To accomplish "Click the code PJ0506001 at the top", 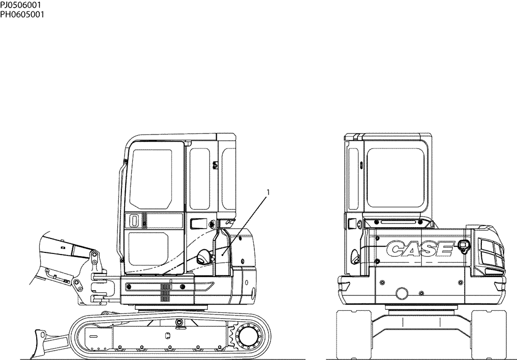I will (x=21, y=5).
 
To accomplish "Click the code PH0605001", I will (x=22, y=14).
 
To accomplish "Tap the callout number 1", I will (x=268, y=192).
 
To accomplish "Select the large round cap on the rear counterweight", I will (x=401, y=293).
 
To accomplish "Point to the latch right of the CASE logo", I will (x=462, y=247).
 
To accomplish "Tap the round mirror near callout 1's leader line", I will (x=204, y=256).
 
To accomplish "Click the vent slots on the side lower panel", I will (x=165, y=292).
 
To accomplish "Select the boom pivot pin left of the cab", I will (x=95, y=257).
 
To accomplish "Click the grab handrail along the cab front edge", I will (x=123, y=207).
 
